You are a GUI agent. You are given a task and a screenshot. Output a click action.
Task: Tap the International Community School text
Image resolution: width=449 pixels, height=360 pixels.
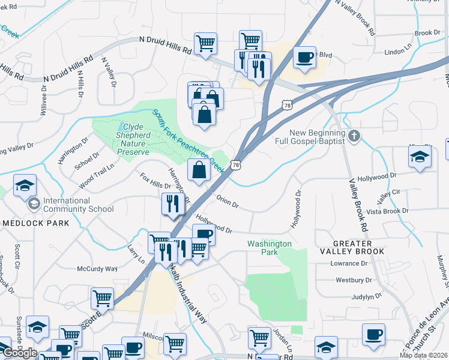coord(78,205)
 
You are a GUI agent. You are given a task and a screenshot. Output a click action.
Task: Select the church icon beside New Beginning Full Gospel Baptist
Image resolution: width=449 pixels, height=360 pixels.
coord(355,136)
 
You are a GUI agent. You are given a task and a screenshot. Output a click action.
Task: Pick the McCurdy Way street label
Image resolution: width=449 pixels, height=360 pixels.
coord(97,269)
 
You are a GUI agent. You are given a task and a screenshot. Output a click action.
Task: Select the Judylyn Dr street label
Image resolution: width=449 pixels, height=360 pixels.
coord(367,296)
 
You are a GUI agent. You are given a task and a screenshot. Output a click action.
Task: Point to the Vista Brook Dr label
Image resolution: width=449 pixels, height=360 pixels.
coord(388,211)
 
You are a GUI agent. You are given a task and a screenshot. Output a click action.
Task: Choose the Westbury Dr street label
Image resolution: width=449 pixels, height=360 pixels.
coord(354,280)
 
